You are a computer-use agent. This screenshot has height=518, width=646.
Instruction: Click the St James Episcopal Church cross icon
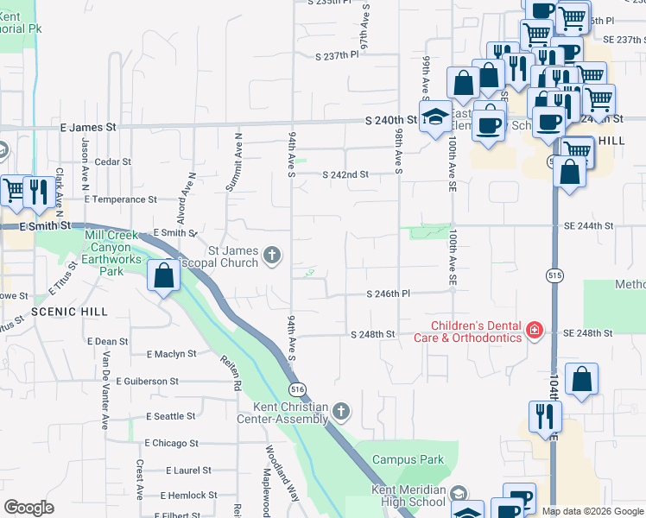coord(272,254)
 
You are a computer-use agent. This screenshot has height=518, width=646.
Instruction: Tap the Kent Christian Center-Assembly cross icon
coord(341,411)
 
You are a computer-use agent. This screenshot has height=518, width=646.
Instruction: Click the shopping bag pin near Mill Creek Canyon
coord(164,276)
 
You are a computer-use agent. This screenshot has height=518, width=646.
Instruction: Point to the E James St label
coord(88,127)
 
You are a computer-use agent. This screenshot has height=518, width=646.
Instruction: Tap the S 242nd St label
coord(345,174)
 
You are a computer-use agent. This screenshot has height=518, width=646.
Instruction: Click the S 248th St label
coord(372,334)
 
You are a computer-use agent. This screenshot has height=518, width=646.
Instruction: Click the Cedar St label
coord(112,161)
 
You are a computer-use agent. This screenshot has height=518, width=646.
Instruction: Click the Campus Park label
coord(408,459)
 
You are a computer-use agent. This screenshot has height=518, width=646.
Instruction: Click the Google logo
coord(28,508)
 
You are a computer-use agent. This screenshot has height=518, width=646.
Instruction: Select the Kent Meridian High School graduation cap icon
coord(459,493)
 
